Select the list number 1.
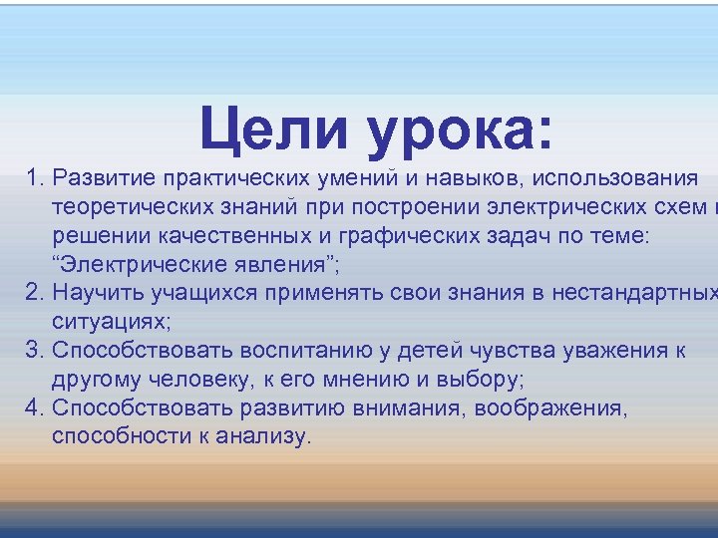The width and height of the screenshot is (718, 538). click(35, 178)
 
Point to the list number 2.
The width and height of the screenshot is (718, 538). click(35, 293)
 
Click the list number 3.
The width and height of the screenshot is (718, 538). click(35, 350)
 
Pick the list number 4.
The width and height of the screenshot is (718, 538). click(35, 407)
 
